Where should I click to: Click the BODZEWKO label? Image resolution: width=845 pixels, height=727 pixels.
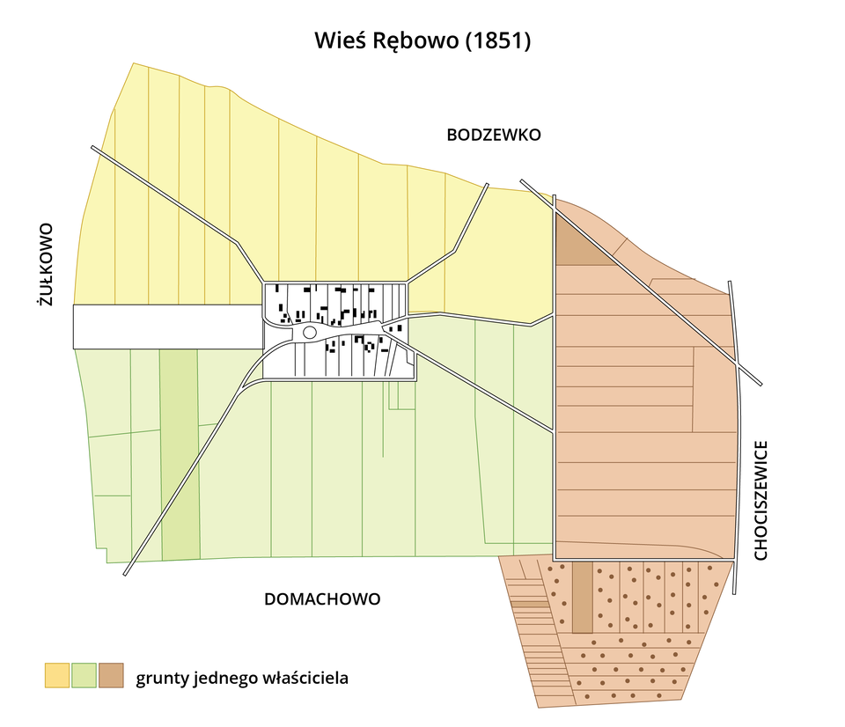(493, 136)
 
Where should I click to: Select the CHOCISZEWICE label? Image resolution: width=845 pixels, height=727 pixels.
(761, 499)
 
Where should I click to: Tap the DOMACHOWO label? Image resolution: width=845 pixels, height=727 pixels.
(322, 599)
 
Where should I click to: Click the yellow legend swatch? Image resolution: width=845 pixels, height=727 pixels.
(57, 675)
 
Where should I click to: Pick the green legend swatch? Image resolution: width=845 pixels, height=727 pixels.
(84, 675)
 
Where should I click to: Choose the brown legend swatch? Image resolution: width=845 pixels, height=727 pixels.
(111, 675)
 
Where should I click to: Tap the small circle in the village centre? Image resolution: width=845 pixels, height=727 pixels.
(309, 332)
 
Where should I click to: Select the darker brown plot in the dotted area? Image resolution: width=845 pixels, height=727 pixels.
(582, 598)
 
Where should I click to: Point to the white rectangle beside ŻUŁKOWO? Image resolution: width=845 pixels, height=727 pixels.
(167, 327)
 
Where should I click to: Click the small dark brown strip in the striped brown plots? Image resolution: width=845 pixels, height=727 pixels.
(529, 604)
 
